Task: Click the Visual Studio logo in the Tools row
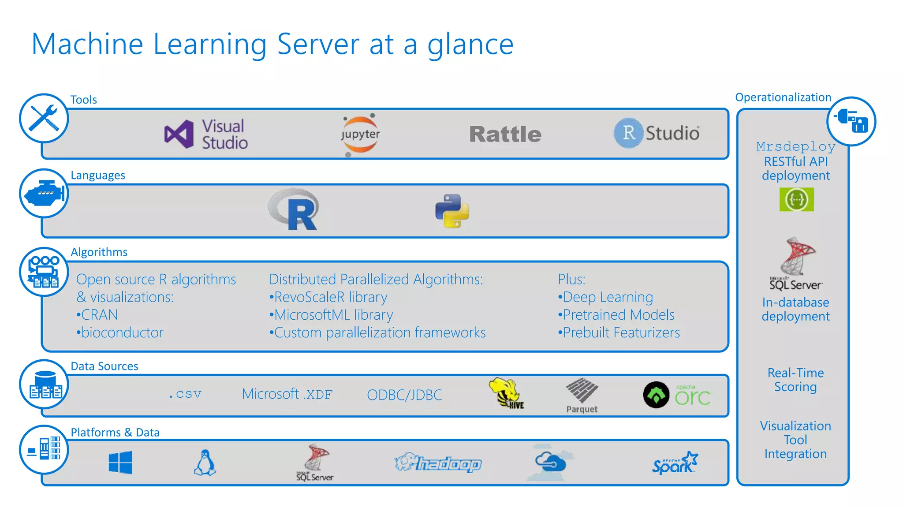click(x=205, y=134)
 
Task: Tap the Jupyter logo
click(x=360, y=134)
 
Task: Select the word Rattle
click(x=505, y=134)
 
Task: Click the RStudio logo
click(x=657, y=133)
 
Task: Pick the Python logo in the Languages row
click(x=452, y=211)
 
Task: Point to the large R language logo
click(x=295, y=210)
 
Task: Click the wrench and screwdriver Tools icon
click(x=44, y=118)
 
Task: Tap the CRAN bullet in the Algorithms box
click(x=97, y=315)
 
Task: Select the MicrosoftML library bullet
click(x=332, y=315)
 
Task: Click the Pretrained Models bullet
click(x=616, y=315)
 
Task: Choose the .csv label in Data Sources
click(x=185, y=394)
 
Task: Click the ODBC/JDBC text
click(x=404, y=395)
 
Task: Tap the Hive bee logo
click(x=506, y=393)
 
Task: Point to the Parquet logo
click(x=582, y=395)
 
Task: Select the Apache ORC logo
click(x=677, y=395)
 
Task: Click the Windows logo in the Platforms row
click(x=120, y=462)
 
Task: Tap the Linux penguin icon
click(x=205, y=462)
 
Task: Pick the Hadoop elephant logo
click(x=438, y=463)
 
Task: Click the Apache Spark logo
click(x=675, y=463)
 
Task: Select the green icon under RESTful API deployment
click(x=796, y=199)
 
